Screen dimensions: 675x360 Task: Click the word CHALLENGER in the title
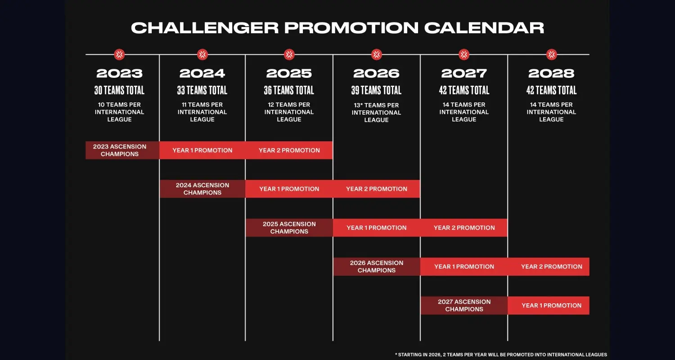(205, 28)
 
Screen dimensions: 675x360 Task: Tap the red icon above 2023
(119, 54)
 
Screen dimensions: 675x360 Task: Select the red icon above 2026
(376, 54)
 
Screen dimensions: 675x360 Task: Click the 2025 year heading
(289, 73)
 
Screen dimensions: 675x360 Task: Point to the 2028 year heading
(551, 73)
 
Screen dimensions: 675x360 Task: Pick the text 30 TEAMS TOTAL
(119, 90)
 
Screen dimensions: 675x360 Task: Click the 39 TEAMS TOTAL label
(376, 90)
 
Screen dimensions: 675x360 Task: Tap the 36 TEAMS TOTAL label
(289, 90)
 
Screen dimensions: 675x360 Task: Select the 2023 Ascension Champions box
(122, 150)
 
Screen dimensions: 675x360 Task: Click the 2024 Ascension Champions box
(202, 189)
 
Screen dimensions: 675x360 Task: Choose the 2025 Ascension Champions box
(289, 228)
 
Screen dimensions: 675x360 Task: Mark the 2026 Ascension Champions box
(377, 266)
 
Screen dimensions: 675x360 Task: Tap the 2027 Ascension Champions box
(464, 306)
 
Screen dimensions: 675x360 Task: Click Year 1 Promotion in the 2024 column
(202, 150)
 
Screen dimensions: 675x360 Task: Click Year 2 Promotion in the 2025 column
(289, 150)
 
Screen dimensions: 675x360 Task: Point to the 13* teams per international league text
(376, 112)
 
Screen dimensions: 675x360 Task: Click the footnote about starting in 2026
(501, 355)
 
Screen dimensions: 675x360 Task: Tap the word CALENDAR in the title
(484, 28)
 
